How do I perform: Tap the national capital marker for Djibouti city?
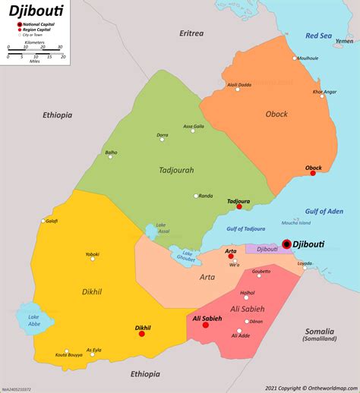click(286, 244)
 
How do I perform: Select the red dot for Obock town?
click(313, 173)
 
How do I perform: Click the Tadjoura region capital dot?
click(239, 206)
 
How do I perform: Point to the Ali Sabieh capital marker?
click(205, 325)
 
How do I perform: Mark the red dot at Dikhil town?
click(142, 333)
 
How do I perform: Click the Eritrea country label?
click(191, 33)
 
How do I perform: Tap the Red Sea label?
click(318, 36)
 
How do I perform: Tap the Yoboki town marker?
click(93, 259)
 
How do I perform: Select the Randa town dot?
click(196, 196)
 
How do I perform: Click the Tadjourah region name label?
click(176, 170)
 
